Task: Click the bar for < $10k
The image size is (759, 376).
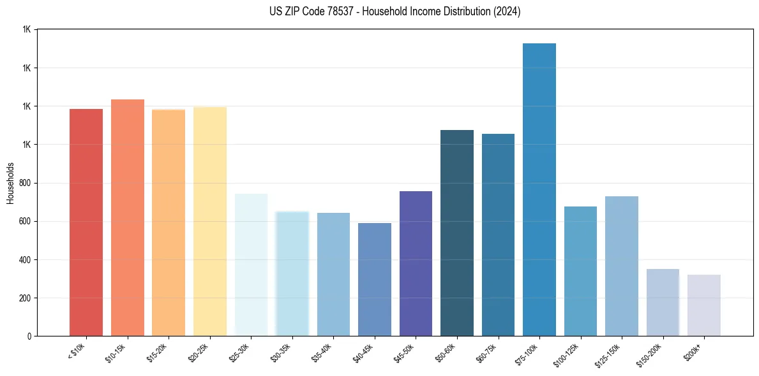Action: pyautogui.click(x=86, y=222)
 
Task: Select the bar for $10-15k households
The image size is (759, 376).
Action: pyautogui.click(x=128, y=217)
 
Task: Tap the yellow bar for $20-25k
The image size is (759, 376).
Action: pyautogui.click(x=210, y=221)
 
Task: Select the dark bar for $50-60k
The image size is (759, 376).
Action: pyautogui.click(x=457, y=233)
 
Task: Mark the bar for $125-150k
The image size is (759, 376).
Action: pyautogui.click(x=622, y=266)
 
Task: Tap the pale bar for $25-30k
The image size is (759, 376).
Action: pyautogui.click(x=251, y=264)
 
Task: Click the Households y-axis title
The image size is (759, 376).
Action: pyautogui.click(x=10, y=183)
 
